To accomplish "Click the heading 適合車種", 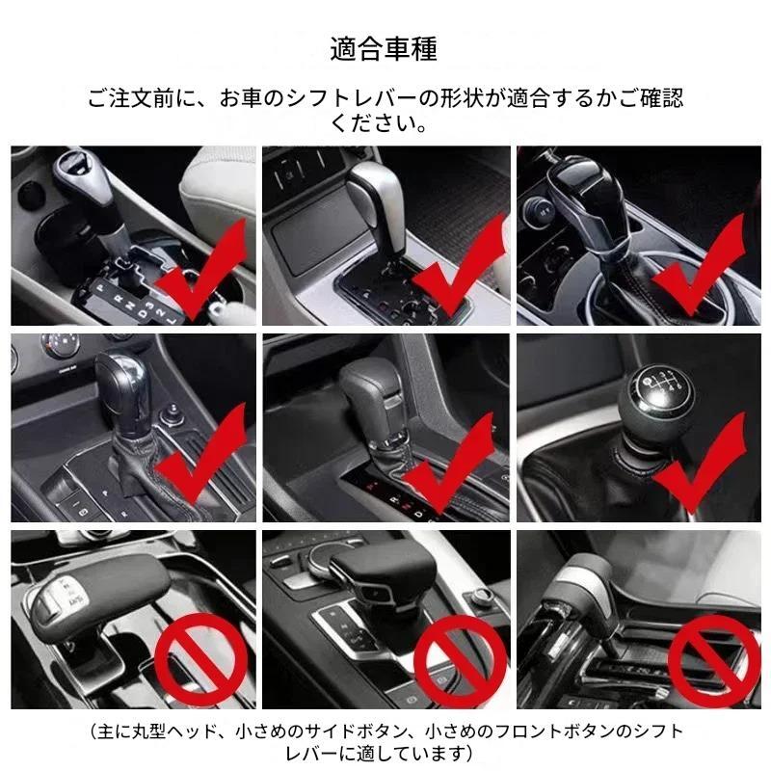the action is point(383,49).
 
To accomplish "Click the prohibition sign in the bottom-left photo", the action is point(201,659).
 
